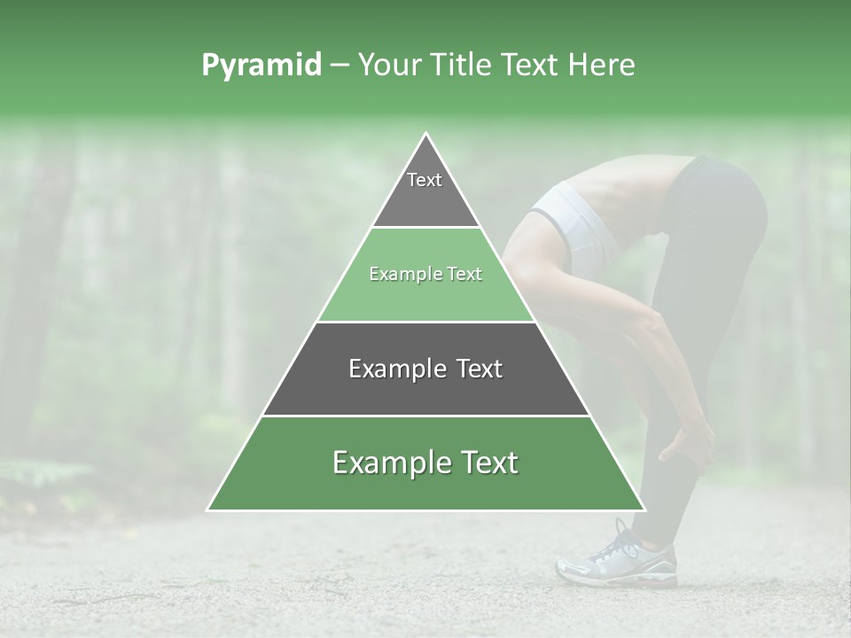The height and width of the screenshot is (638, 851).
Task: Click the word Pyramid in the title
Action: coord(262,66)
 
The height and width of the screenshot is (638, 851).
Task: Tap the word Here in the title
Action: coord(603,66)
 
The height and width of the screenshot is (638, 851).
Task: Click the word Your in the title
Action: coord(392,66)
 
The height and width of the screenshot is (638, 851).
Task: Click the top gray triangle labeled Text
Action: coord(425,191)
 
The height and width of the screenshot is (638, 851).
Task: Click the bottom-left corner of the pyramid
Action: coord(208,510)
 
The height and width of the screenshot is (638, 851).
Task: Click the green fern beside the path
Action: coord(44,474)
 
